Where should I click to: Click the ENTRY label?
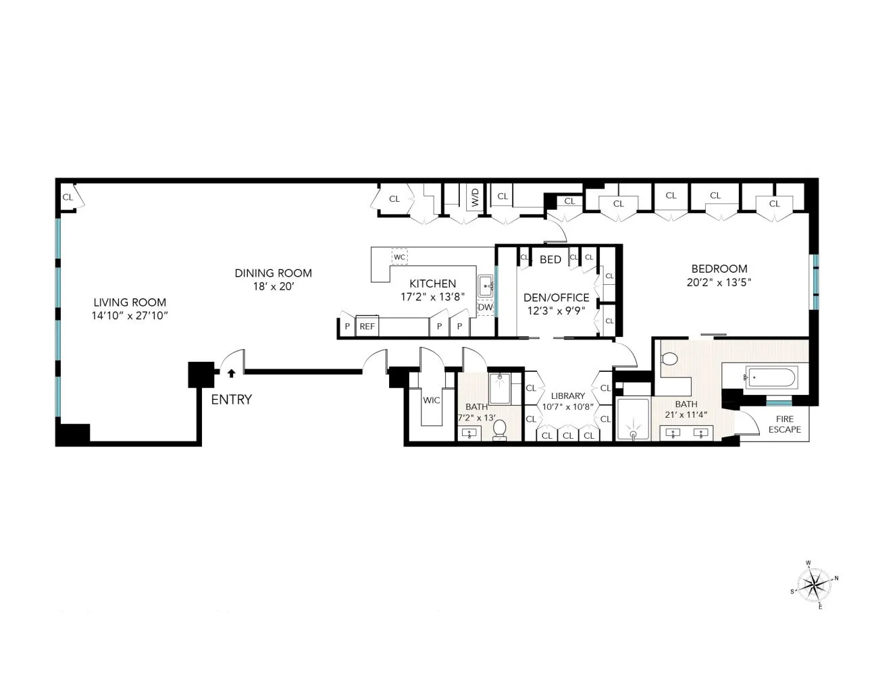231,400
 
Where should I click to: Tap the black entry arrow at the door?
231,372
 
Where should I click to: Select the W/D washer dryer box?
475,197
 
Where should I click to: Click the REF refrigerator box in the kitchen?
367,326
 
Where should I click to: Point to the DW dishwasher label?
485,307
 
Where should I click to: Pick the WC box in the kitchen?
399,257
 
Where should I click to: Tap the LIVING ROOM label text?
130,302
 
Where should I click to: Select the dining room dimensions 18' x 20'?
273,286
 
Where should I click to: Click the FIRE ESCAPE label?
784,424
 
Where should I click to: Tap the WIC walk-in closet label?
432,400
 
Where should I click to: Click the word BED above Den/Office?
550,259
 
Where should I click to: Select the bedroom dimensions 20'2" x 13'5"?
719,283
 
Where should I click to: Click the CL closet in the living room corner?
68,197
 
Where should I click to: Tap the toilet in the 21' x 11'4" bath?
670,359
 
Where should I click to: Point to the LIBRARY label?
567,396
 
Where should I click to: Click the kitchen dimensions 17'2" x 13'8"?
432,296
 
